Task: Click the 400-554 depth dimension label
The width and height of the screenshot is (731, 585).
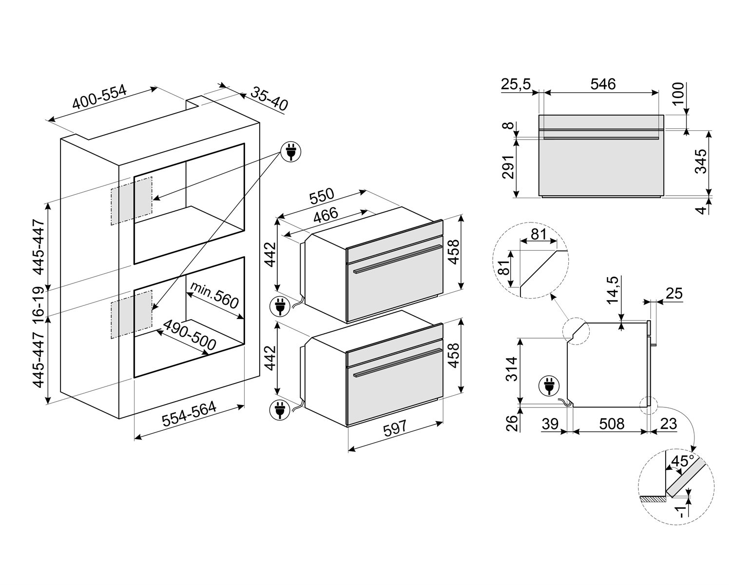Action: [x=99, y=98]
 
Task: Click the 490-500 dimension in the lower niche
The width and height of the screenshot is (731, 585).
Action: [x=189, y=336]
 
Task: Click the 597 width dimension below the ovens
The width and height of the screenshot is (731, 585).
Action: [x=394, y=428]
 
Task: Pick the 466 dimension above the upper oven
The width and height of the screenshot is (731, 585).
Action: [x=325, y=215]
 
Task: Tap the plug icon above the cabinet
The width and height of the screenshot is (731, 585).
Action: [x=290, y=151]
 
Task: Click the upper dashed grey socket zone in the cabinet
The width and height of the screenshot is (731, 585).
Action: [x=132, y=201]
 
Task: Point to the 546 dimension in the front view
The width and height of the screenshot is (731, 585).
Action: [x=603, y=84]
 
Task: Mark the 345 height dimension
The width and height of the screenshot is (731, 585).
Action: [x=700, y=161]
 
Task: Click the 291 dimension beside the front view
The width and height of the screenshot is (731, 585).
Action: [x=508, y=167]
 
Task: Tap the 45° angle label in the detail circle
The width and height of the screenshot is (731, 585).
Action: [x=682, y=461]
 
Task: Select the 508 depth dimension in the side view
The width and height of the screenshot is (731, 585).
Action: [x=611, y=424]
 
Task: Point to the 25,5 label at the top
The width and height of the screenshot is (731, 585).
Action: [x=516, y=84]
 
